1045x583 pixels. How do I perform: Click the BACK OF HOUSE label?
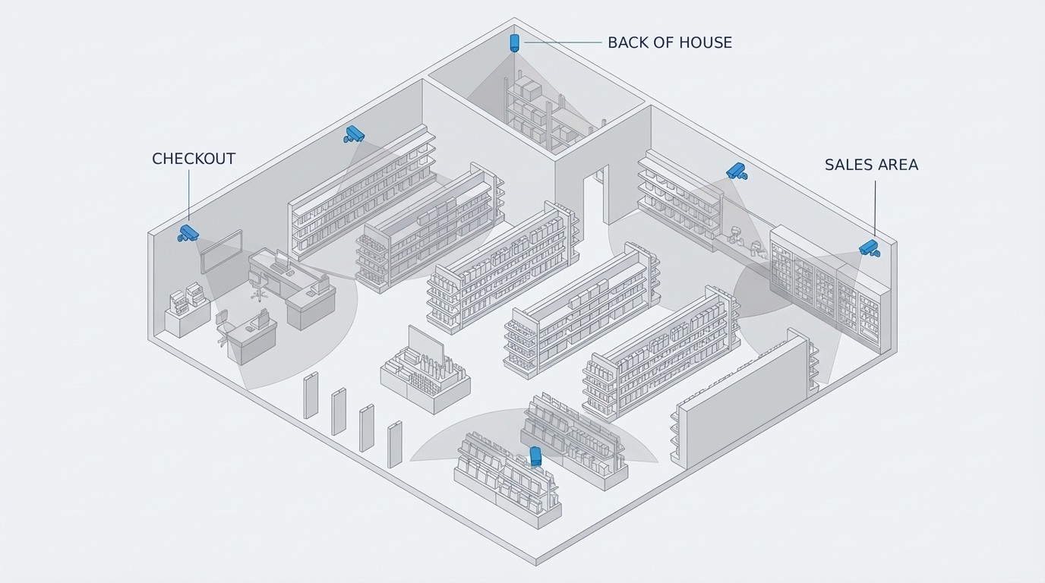670,43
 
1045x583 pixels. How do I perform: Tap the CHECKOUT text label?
194,159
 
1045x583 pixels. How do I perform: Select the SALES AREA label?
871,165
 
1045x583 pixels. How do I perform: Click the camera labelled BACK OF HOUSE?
514,42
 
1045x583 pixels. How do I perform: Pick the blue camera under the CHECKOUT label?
188,232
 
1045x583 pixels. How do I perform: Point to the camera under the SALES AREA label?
868,247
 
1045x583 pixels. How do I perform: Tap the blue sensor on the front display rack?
535,456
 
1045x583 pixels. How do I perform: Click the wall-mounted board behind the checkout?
221,251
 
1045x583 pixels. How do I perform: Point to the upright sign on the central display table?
425,346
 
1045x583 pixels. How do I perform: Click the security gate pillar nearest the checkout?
311,395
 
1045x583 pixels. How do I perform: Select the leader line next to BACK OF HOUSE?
562,43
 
